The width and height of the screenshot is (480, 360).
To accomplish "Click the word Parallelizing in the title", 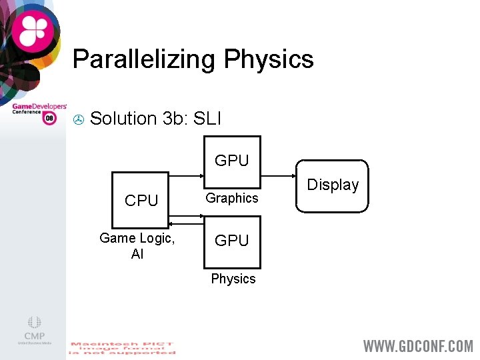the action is pos(144,59).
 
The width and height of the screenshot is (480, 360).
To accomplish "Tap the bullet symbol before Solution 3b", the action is pos(78,120).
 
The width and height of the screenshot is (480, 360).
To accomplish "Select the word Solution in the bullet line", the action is pos(123,119).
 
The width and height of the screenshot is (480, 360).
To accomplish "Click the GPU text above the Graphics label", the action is pos(231,161).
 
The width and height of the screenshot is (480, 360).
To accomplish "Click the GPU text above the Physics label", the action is pos(231,241).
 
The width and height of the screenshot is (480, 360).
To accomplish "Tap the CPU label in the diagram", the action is pos(141,201).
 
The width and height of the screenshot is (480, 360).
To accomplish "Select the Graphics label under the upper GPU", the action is pos(231,198).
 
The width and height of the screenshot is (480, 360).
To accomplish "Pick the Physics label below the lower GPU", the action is pos(233,279).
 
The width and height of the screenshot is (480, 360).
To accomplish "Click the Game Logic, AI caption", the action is pos(137,245).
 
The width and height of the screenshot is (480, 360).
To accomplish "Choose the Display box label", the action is pos(333,185).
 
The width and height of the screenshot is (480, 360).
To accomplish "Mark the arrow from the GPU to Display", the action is pos(279,176).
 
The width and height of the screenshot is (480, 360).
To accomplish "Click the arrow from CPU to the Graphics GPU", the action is pos(187,176).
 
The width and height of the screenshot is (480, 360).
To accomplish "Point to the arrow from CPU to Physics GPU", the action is pos(187,215).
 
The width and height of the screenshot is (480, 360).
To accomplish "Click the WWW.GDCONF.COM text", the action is pos(418,346).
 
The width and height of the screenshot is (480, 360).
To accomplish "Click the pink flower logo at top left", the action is pos(33,31).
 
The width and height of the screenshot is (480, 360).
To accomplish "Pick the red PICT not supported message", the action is pos(122,348).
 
